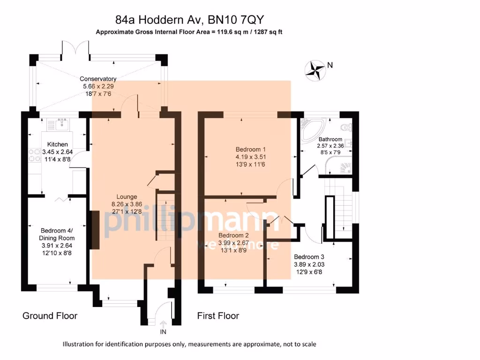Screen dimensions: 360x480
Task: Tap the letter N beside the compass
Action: (330, 66)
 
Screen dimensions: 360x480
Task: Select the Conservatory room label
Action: (98, 79)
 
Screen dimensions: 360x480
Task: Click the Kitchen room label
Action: (58, 144)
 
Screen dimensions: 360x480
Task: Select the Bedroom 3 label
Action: (309, 257)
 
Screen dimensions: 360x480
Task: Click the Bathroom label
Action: (330, 139)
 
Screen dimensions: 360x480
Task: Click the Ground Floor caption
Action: (50, 316)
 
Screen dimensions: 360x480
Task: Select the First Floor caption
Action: (218, 316)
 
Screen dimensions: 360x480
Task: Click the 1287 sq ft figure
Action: (266, 32)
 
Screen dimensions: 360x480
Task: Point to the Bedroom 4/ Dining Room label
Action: (56, 234)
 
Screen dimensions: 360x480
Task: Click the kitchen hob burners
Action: (34, 155)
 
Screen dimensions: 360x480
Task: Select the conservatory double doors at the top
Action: (76, 49)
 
